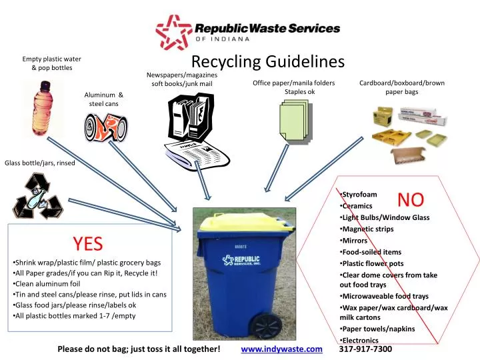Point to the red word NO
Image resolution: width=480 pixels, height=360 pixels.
point(411,199)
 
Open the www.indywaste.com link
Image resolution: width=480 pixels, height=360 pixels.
point(281,349)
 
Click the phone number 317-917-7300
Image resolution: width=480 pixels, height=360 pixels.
point(365,349)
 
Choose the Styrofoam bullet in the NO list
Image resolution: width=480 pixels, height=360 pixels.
point(360,194)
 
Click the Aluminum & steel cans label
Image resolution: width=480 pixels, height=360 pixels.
point(104,99)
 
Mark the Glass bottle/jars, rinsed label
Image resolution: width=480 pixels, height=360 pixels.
point(40,163)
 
